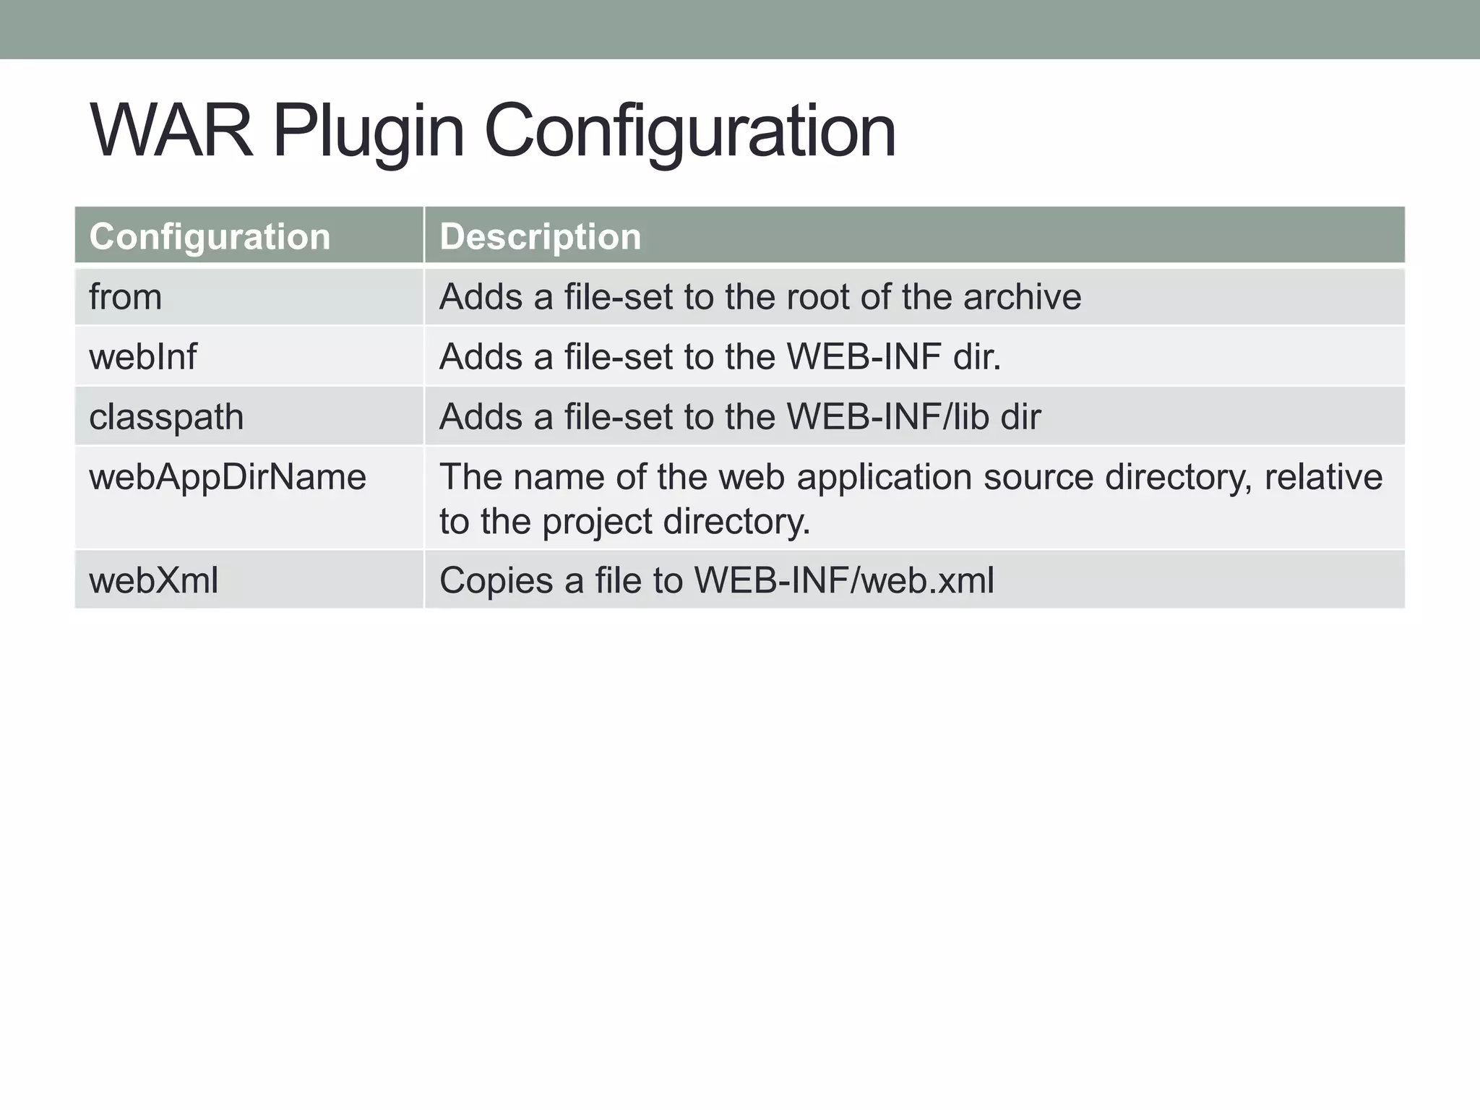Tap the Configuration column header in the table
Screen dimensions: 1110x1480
[210, 236]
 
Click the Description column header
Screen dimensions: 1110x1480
[540, 236]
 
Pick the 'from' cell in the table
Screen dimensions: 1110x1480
[126, 297]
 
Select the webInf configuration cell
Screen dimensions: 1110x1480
[143, 357]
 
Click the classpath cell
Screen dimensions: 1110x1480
[166, 417]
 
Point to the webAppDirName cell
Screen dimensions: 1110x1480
[228, 477]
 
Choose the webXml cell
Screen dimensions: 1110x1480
[153, 580]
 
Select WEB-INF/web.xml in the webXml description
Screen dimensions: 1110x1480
[844, 580]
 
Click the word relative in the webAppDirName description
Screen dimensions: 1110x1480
[1322, 477]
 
